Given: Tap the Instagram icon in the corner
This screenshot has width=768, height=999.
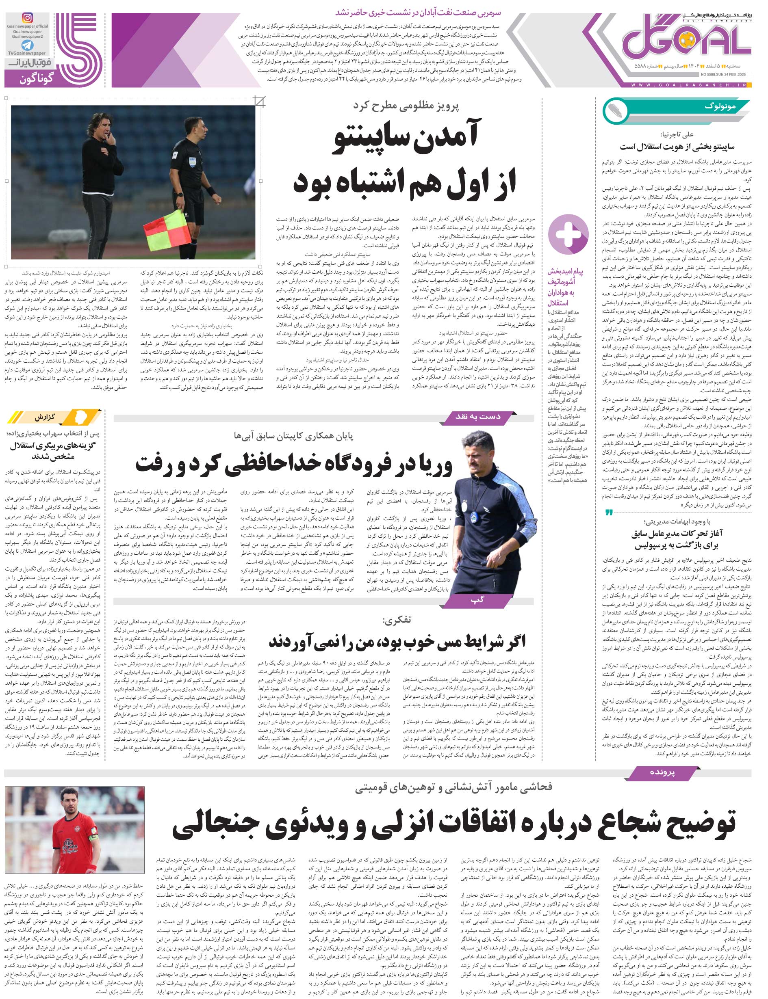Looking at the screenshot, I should (28, 18).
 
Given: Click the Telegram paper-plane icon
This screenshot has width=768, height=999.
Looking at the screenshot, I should (28, 45).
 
